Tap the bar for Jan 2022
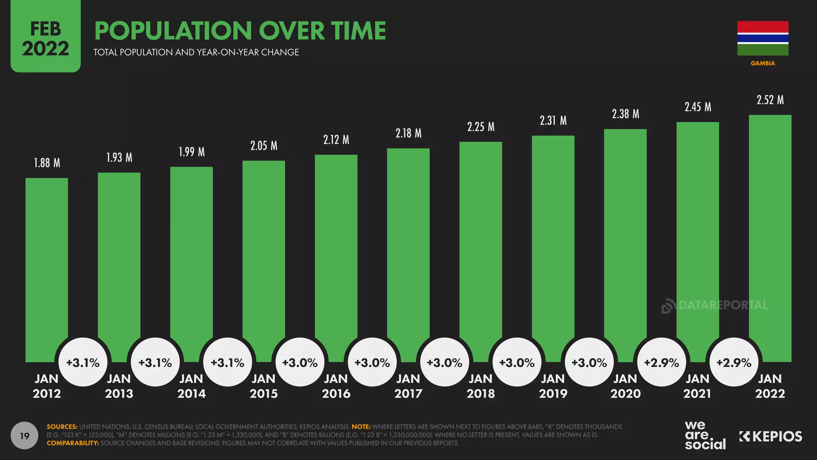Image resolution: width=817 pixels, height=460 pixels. [770, 232]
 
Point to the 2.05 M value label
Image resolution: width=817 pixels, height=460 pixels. [264, 146]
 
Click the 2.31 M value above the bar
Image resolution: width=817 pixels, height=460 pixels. [553, 120]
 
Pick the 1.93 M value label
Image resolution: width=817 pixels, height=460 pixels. [119, 158]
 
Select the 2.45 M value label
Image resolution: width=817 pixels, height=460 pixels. [698, 107]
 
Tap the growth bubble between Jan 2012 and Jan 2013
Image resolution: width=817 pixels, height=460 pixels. [83, 362]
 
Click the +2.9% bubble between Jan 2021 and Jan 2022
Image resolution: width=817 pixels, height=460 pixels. [734, 362]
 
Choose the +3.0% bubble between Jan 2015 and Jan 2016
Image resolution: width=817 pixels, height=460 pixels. [300, 362]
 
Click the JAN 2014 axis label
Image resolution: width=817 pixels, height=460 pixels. [191, 386]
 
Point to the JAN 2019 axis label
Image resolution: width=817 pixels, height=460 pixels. [553, 386]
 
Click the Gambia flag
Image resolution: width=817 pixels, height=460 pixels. [763, 38]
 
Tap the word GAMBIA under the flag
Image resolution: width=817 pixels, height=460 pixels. [763, 63]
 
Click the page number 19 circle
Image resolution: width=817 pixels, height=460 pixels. [25, 435]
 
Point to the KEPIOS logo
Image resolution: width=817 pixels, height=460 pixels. [770, 436]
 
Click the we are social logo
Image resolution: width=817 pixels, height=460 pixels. [705, 435]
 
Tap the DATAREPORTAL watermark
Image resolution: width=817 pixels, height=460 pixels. [715, 305]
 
